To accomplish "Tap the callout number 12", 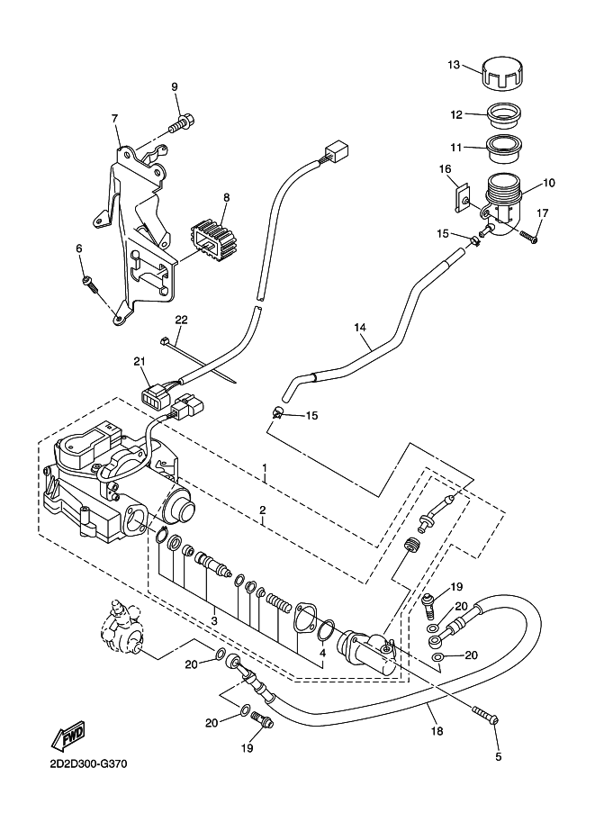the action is [x=456, y=114].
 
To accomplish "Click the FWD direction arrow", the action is [x=69, y=737].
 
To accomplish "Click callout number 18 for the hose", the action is [x=437, y=730].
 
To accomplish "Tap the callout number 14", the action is [x=360, y=328].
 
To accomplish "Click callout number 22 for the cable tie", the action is [x=182, y=320].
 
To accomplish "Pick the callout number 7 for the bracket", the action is [x=115, y=119].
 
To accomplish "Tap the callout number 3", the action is [x=214, y=619].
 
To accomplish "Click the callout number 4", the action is [x=323, y=654].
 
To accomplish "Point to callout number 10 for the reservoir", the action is [x=549, y=183].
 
